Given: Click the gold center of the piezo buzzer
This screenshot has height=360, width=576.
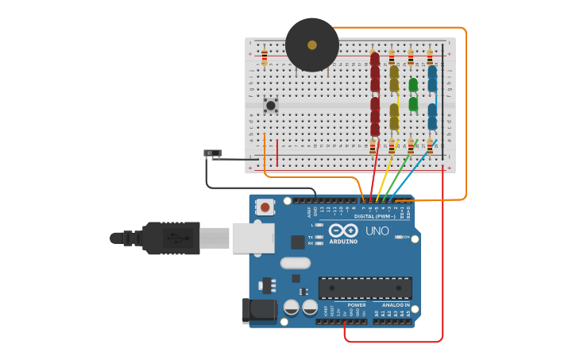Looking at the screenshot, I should (x=312, y=45).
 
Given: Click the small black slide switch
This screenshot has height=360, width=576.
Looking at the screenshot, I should (x=213, y=153).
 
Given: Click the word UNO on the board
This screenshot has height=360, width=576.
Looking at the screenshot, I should (x=377, y=231).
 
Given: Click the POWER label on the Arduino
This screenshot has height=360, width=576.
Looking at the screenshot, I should (x=357, y=304).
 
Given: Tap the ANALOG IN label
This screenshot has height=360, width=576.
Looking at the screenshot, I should (x=396, y=304).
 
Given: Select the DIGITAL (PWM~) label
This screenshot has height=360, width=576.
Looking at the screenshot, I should (x=375, y=216).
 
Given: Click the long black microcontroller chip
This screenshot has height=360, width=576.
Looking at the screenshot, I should (x=365, y=288).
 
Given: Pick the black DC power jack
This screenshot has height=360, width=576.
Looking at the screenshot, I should (x=259, y=311).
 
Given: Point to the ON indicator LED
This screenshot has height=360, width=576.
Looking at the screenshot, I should (x=396, y=238).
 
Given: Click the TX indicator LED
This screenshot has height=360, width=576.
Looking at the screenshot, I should (x=319, y=237).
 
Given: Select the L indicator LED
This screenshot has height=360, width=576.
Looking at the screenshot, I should (x=319, y=226).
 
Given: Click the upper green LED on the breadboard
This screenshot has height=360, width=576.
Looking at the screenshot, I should (x=413, y=84).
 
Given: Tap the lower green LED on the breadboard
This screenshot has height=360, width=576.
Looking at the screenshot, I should (x=413, y=103).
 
